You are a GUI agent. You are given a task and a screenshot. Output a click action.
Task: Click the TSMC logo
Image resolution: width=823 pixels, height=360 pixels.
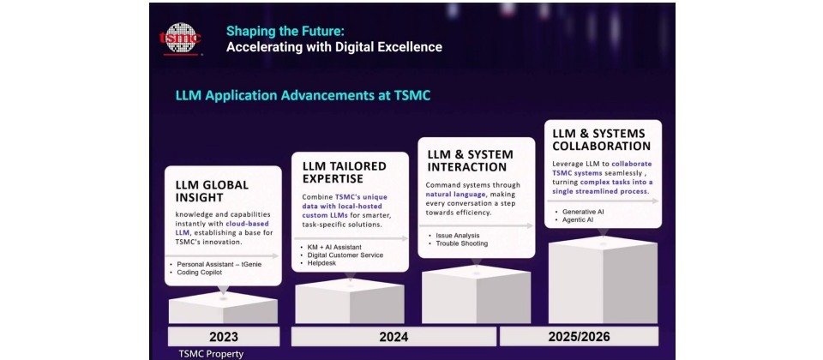point(180,39)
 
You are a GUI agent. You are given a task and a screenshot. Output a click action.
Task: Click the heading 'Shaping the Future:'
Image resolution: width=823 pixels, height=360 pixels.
point(285,31)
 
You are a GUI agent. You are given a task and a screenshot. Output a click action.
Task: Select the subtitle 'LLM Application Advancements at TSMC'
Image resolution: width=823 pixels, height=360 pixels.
point(303,95)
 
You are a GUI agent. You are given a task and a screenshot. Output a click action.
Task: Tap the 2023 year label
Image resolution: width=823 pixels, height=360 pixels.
point(224,336)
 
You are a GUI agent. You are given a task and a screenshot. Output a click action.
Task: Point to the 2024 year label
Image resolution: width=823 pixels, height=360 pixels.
point(393,336)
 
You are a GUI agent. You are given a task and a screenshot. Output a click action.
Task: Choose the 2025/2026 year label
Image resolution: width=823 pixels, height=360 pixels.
point(579,336)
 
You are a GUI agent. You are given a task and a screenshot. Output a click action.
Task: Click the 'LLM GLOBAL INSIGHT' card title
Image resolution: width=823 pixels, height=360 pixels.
point(212,191)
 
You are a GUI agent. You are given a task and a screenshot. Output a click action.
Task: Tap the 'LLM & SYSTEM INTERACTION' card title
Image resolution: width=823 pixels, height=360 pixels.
point(470,160)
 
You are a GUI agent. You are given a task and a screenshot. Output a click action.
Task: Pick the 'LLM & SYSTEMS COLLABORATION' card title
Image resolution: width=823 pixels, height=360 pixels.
point(602,140)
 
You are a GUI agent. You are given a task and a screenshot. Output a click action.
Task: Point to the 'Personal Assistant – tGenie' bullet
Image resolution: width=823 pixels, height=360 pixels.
point(215,264)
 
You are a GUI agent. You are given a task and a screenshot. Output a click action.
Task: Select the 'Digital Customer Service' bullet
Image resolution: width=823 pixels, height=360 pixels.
point(342,255)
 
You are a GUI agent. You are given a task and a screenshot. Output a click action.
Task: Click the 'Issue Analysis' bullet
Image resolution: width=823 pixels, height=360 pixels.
point(454,236)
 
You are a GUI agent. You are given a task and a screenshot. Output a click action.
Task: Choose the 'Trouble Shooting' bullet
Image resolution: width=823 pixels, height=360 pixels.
point(458,243)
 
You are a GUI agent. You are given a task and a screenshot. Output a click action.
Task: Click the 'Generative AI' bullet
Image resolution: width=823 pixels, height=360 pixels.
point(579,212)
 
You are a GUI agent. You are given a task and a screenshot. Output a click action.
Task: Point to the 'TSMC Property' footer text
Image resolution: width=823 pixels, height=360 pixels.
point(211,354)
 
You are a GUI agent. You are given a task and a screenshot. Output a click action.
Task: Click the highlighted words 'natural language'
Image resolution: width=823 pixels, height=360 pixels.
point(454,195)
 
